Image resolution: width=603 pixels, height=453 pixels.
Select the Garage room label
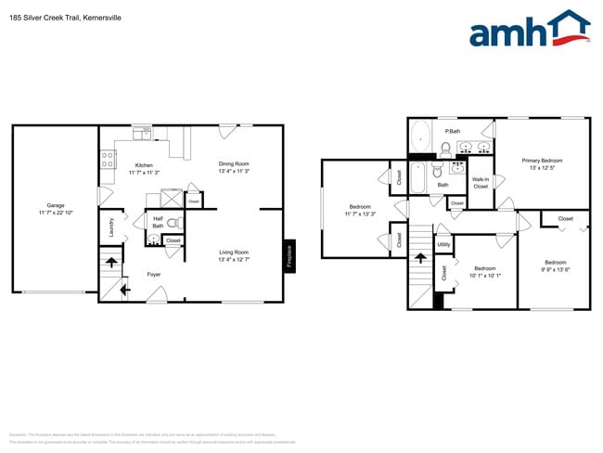click(56, 205)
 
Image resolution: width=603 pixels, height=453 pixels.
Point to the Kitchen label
click(144, 165)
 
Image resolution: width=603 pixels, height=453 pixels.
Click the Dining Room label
click(234, 164)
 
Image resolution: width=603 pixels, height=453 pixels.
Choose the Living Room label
click(234, 252)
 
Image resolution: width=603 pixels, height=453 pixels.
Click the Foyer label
click(154, 274)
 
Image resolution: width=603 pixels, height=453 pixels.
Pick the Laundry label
click(111, 226)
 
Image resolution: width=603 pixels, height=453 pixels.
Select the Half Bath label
click(158, 223)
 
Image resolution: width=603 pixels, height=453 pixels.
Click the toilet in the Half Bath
click(172, 224)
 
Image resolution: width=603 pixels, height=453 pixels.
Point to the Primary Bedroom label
click(542, 161)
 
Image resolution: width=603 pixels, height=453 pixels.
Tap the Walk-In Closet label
click(481, 183)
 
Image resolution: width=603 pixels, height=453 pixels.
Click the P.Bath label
click(454, 131)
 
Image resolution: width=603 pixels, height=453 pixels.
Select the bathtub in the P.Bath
click(420, 137)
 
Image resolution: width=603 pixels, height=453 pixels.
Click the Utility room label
click(443, 244)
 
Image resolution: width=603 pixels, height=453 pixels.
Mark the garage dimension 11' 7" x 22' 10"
click(56, 214)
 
